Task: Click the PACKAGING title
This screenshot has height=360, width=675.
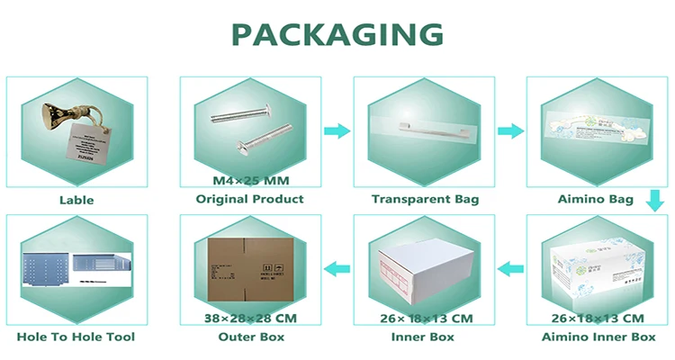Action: click(337, 34)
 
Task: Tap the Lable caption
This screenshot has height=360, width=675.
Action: click(76, 200)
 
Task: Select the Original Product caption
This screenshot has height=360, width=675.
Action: click(249, 199)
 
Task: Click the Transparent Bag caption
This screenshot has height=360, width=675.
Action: click(425, 199)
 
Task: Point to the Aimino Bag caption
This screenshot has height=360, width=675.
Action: click(598, 199)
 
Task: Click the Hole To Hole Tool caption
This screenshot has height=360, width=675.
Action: click(76, 337)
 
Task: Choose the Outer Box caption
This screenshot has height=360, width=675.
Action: click(249, 337)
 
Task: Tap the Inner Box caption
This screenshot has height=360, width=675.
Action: click(424, 337)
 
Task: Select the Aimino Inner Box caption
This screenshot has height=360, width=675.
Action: click(598, 337)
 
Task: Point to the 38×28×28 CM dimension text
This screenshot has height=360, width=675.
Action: click(249, 319)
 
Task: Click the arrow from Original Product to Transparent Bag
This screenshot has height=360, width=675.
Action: click(337, 131)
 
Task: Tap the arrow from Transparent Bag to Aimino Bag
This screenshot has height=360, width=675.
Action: click(511, 131)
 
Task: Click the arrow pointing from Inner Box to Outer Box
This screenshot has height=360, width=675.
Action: click(337, 266)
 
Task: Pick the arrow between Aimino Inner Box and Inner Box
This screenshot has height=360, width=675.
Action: click(511, 266)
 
